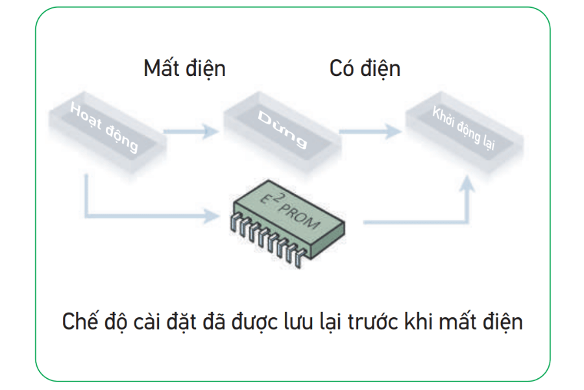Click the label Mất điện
tap(184, 68)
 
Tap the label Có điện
tap(365, 68)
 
